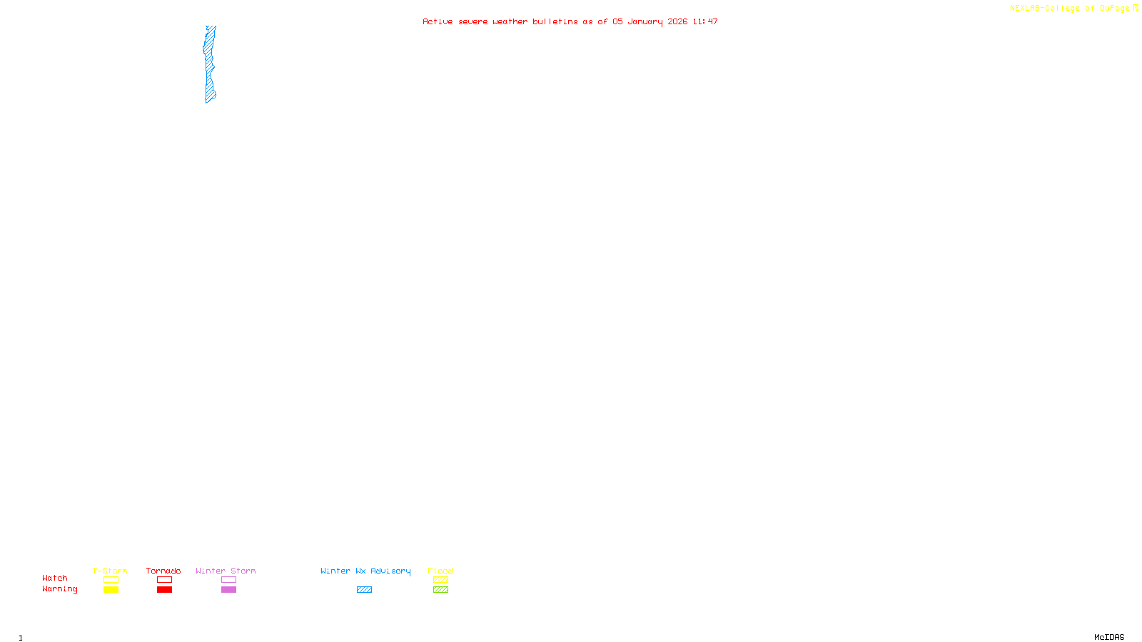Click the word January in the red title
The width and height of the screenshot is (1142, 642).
pos(645,21)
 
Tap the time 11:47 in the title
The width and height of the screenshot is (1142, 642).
pos(705,21)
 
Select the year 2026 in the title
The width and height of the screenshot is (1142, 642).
pos(677,21)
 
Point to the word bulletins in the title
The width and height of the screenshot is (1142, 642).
pos(555,21)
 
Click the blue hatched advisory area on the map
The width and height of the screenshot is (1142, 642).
pos(210,64)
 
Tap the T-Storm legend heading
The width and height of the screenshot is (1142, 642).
pos(110,571)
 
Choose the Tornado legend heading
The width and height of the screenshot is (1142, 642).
pos(163,571)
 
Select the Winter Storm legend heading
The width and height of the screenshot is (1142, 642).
pos(226,571)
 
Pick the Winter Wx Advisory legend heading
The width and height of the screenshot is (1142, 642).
pos(365,571)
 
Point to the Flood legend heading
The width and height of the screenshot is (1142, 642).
pos(440,571)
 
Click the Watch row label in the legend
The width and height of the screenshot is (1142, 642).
pos(55,578)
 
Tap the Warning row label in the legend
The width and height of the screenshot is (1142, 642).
pos(59,589)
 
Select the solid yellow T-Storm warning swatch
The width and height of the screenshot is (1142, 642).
pos(111,590)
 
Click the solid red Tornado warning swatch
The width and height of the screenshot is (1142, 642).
pos(164,590)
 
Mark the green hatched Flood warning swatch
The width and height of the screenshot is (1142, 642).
pos(440,590)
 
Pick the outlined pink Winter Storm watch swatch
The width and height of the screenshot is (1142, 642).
pos(228,580)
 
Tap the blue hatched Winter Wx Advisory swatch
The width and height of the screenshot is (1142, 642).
pos(364,590)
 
